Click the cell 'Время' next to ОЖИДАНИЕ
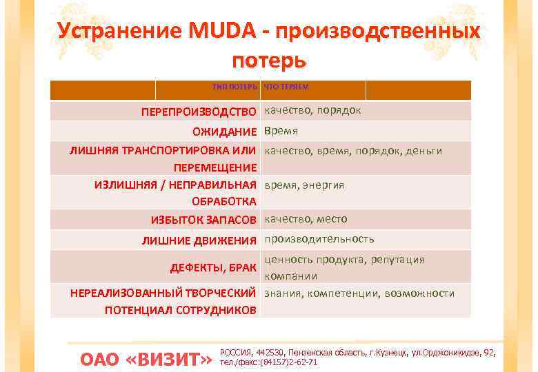pos(281,131)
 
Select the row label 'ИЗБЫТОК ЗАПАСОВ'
pos(203,220)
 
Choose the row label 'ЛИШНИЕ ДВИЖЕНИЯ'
pos(199,240)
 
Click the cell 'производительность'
pos(319,239)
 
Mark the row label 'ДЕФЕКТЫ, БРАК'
pos(213,267)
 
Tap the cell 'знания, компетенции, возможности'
pos(359,293)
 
